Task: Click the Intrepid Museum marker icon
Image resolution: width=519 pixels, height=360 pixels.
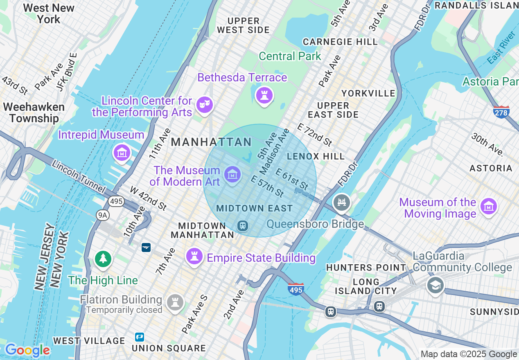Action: point(122,153)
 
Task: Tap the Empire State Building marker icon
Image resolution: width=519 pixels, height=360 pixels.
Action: point(194,256)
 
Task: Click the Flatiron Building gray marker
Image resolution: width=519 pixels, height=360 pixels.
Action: point(175,302)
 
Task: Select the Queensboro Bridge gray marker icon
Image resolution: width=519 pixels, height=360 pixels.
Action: point(342,202)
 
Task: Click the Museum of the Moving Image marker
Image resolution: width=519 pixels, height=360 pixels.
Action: point(488,207)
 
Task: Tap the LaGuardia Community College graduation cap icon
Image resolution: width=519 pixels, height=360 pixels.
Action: point(435,285)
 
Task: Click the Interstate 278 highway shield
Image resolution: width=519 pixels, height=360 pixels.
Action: point(501,111)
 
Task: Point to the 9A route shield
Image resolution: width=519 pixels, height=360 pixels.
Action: point(102,215)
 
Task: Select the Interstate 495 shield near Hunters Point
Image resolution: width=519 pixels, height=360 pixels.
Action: point(296,289)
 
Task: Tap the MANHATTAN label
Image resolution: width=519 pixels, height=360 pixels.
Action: point(211,142)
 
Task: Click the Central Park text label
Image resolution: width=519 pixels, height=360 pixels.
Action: point(290,56)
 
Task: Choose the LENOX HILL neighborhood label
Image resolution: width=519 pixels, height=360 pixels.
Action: point(316,156)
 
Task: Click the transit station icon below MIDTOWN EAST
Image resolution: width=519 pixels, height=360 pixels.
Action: point(243,225)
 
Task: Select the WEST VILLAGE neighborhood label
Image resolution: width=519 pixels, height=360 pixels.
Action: point(89,341)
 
